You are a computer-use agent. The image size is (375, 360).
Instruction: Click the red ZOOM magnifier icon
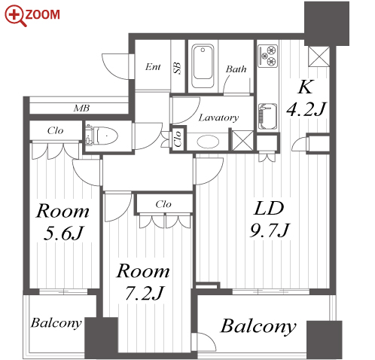pyautogui.click(x=16, y=16)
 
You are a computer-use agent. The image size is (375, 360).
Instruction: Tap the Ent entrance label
pyautogui.click(x=153, y=67)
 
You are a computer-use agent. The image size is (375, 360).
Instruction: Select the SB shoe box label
pyautogui.click(x=177, y=68)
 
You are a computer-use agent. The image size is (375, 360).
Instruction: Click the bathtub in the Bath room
pyautogui.click(x=203, y=66)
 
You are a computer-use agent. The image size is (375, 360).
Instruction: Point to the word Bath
pyautogui.click(x=236, y=69)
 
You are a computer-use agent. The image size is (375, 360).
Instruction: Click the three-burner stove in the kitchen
pyautogui.click(x=268, y=56)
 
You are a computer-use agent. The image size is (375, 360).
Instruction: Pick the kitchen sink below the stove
pyautogui.click(x=267, y=116)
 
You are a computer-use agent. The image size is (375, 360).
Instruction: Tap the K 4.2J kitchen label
pyautogui.click(x=306, y=98)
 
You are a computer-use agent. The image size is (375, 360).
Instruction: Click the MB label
pyautogui.click(x=81, y=108)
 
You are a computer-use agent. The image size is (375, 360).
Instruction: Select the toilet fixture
pyautogui.click(x=102, y=136)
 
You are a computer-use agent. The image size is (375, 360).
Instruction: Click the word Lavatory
pyautogui.click(x=218, y=117)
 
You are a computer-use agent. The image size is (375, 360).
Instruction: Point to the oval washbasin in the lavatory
pyautogui.click(x=208, y=142)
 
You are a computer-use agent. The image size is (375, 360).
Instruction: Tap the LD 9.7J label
pyautogui.click(x=270, y=219)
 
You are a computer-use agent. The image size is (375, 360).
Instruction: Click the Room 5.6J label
pyautogui.click(x=62, y=222)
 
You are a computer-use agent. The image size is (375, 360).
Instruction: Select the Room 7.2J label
pyautogui.click(x=143, y=282)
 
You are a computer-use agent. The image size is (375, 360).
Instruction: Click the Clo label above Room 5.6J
pyautogui.click(x=56, y=130)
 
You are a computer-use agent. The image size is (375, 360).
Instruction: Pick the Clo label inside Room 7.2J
pyautogui.click(x=163, y=204)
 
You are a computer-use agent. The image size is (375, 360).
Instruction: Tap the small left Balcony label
pyautogui.click(x=56, y=323)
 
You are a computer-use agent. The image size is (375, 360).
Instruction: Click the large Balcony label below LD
pyautogui.click(x=258, y=327)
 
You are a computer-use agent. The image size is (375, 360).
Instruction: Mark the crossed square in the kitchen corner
pyautogui.click(x=319, y=56)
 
